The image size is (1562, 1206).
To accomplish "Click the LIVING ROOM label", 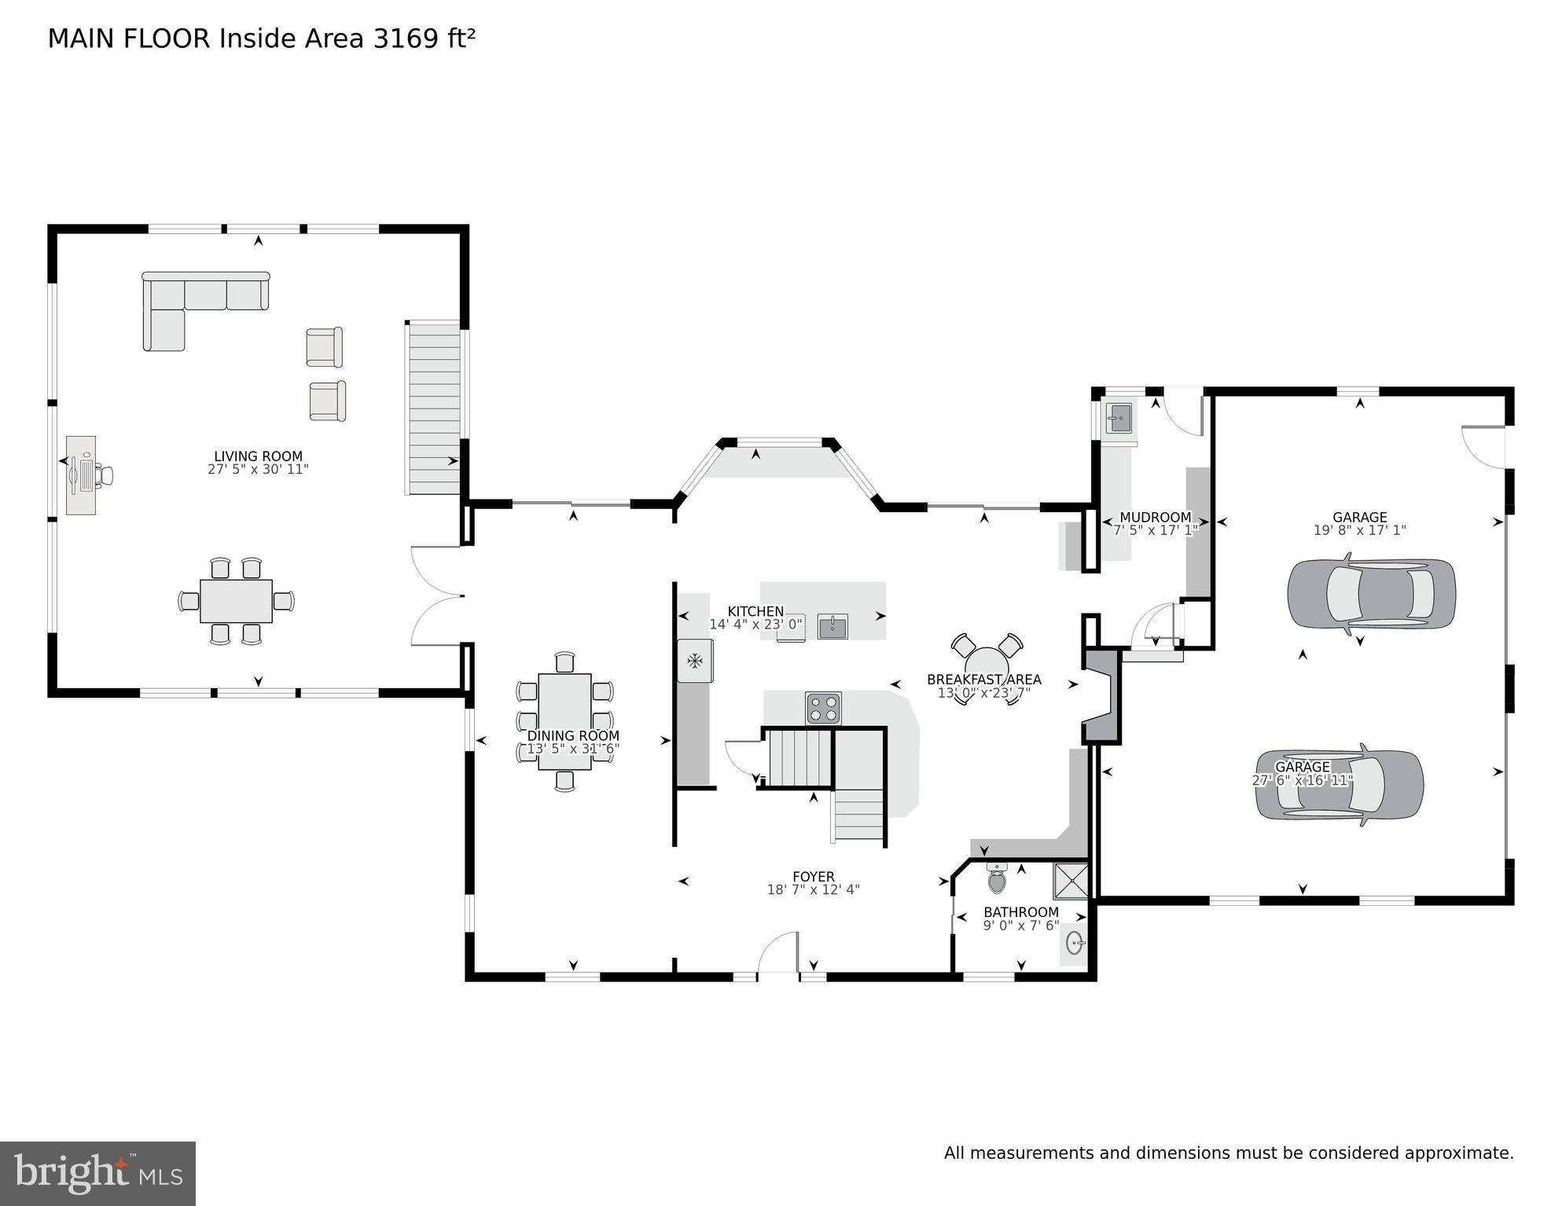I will [258, 456].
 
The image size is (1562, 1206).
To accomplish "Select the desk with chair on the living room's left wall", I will [82, 475].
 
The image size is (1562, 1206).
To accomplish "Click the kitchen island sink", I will [832, 626].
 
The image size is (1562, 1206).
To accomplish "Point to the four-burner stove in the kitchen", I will [823, 708].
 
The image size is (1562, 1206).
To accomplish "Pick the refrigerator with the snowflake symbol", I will [695, 661].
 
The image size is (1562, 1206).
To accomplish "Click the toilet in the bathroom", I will [997, 879].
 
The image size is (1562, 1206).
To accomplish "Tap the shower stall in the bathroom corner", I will [1071, 881].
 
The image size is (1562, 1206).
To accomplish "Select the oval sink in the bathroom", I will [1075, 943].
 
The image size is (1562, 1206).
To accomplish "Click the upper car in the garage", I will [1371, 594].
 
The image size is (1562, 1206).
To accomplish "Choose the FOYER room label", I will [813, 877].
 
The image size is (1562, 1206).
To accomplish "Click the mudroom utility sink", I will [1119, 418].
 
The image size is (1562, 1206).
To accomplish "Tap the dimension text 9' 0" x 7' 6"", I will [1020, 926].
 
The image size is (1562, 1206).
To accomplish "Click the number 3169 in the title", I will [406, 38].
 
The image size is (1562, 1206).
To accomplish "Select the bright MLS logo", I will [97, 1173].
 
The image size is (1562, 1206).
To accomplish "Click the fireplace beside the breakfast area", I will [1102, 696].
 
